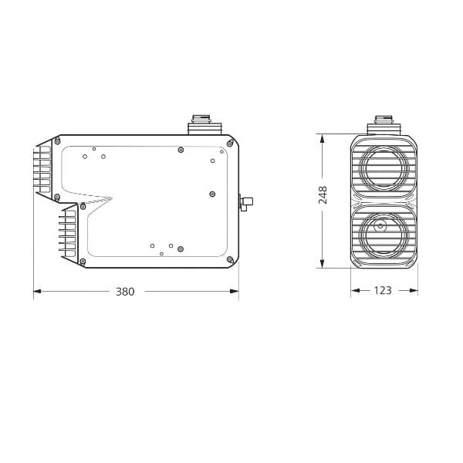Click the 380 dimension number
click(125, 292)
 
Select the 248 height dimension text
click(323, 194)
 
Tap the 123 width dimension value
click(384, 291)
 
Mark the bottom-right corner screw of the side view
click(229, 261)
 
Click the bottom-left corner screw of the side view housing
click(83, 262)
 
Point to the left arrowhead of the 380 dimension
click(36, 292)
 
